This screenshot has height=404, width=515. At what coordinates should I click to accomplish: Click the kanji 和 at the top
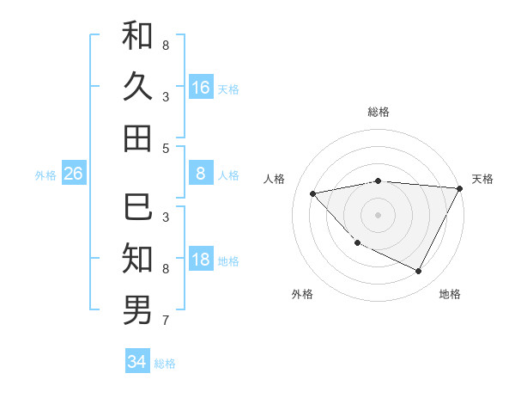(x=137, y=35)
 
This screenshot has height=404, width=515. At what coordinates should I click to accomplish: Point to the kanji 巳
(x=137, y=206)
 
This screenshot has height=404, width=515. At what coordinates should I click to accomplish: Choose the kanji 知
(x=137, y=257)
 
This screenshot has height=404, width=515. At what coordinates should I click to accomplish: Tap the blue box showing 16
(x=201, y=88)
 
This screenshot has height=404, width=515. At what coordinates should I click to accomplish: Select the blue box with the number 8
(x=201, y=174)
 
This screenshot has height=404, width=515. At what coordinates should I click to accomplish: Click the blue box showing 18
(x=201, y=260)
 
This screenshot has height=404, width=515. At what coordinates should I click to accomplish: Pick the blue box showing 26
(x=73, y=174)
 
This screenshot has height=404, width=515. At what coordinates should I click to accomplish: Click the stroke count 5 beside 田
(x=166, y=148)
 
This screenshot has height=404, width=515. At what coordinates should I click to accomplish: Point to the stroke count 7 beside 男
(x=166, y=321)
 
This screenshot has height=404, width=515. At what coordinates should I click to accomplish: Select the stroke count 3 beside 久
(x=166, y=96)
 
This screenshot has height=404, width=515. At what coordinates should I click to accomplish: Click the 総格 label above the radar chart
(x=379, y=112)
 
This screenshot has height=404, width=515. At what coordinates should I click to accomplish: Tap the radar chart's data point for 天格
(x=460, y=188)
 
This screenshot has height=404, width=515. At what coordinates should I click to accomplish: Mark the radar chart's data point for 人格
(x=313, y=193)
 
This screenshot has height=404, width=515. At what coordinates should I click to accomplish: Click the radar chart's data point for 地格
(x=419, y=272)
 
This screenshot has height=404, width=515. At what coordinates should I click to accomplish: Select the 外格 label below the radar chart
(x=302, y=294)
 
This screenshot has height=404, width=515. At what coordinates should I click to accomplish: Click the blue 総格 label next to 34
(x=165, y=364)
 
